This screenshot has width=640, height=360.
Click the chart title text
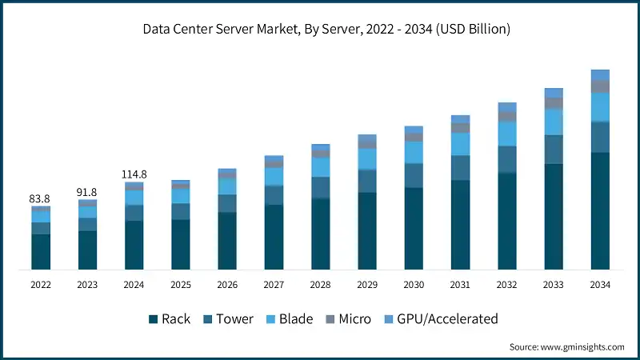pos(320,30)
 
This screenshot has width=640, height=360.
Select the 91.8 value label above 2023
pos(88,192)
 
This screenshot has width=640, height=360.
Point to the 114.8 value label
pos(134,174)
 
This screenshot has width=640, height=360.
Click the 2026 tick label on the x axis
pos(227,284)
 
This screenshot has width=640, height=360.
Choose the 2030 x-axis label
pos(414,284)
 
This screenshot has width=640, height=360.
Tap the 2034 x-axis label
pos(600,284)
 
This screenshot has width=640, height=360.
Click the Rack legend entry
pos(169,319)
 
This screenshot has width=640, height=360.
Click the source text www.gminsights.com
pos(567,347)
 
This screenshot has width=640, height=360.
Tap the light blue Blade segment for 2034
pos(600,106)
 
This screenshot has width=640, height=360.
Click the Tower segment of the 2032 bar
pos(507,159)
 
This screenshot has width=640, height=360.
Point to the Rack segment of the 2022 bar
pos(42,251)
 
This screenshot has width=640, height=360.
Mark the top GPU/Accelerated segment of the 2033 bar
pos(554,93)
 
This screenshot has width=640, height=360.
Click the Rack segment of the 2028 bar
pos(321,233)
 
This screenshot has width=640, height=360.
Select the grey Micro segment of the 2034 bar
pos(600,86)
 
